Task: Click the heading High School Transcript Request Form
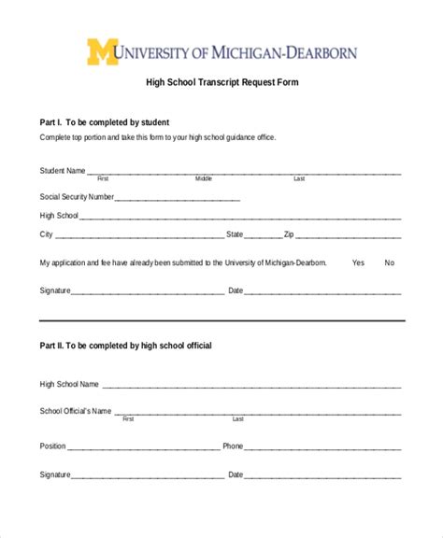[221, 82]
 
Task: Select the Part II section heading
[125, 346]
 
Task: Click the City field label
[46, 234]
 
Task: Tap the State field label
[235, 234]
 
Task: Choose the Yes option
[358, 263]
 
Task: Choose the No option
[390, 263]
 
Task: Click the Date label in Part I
[236, 290]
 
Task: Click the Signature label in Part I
[55, 290]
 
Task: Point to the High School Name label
[69, 384]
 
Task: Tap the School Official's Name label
[76, 411]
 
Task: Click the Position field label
[53, 446]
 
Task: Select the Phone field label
[233, 446]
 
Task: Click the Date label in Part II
[236, 474]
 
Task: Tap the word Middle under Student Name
[204, 178]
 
